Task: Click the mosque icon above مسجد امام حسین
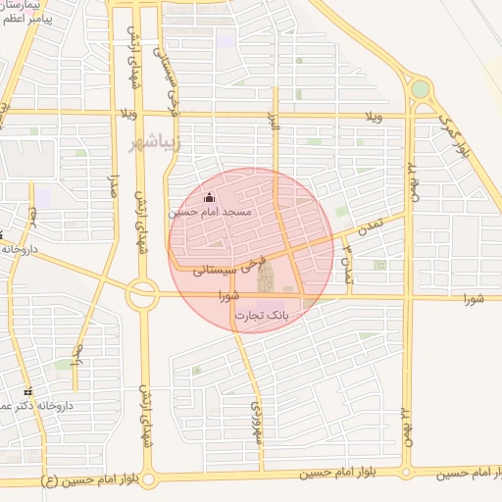[208, 198]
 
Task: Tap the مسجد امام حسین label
[210, 212]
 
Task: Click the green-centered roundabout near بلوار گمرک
[420, 89]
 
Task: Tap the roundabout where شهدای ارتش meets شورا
[142, 292]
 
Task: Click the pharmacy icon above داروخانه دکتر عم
[27, 391]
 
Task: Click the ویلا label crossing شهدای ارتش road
[127, 112]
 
